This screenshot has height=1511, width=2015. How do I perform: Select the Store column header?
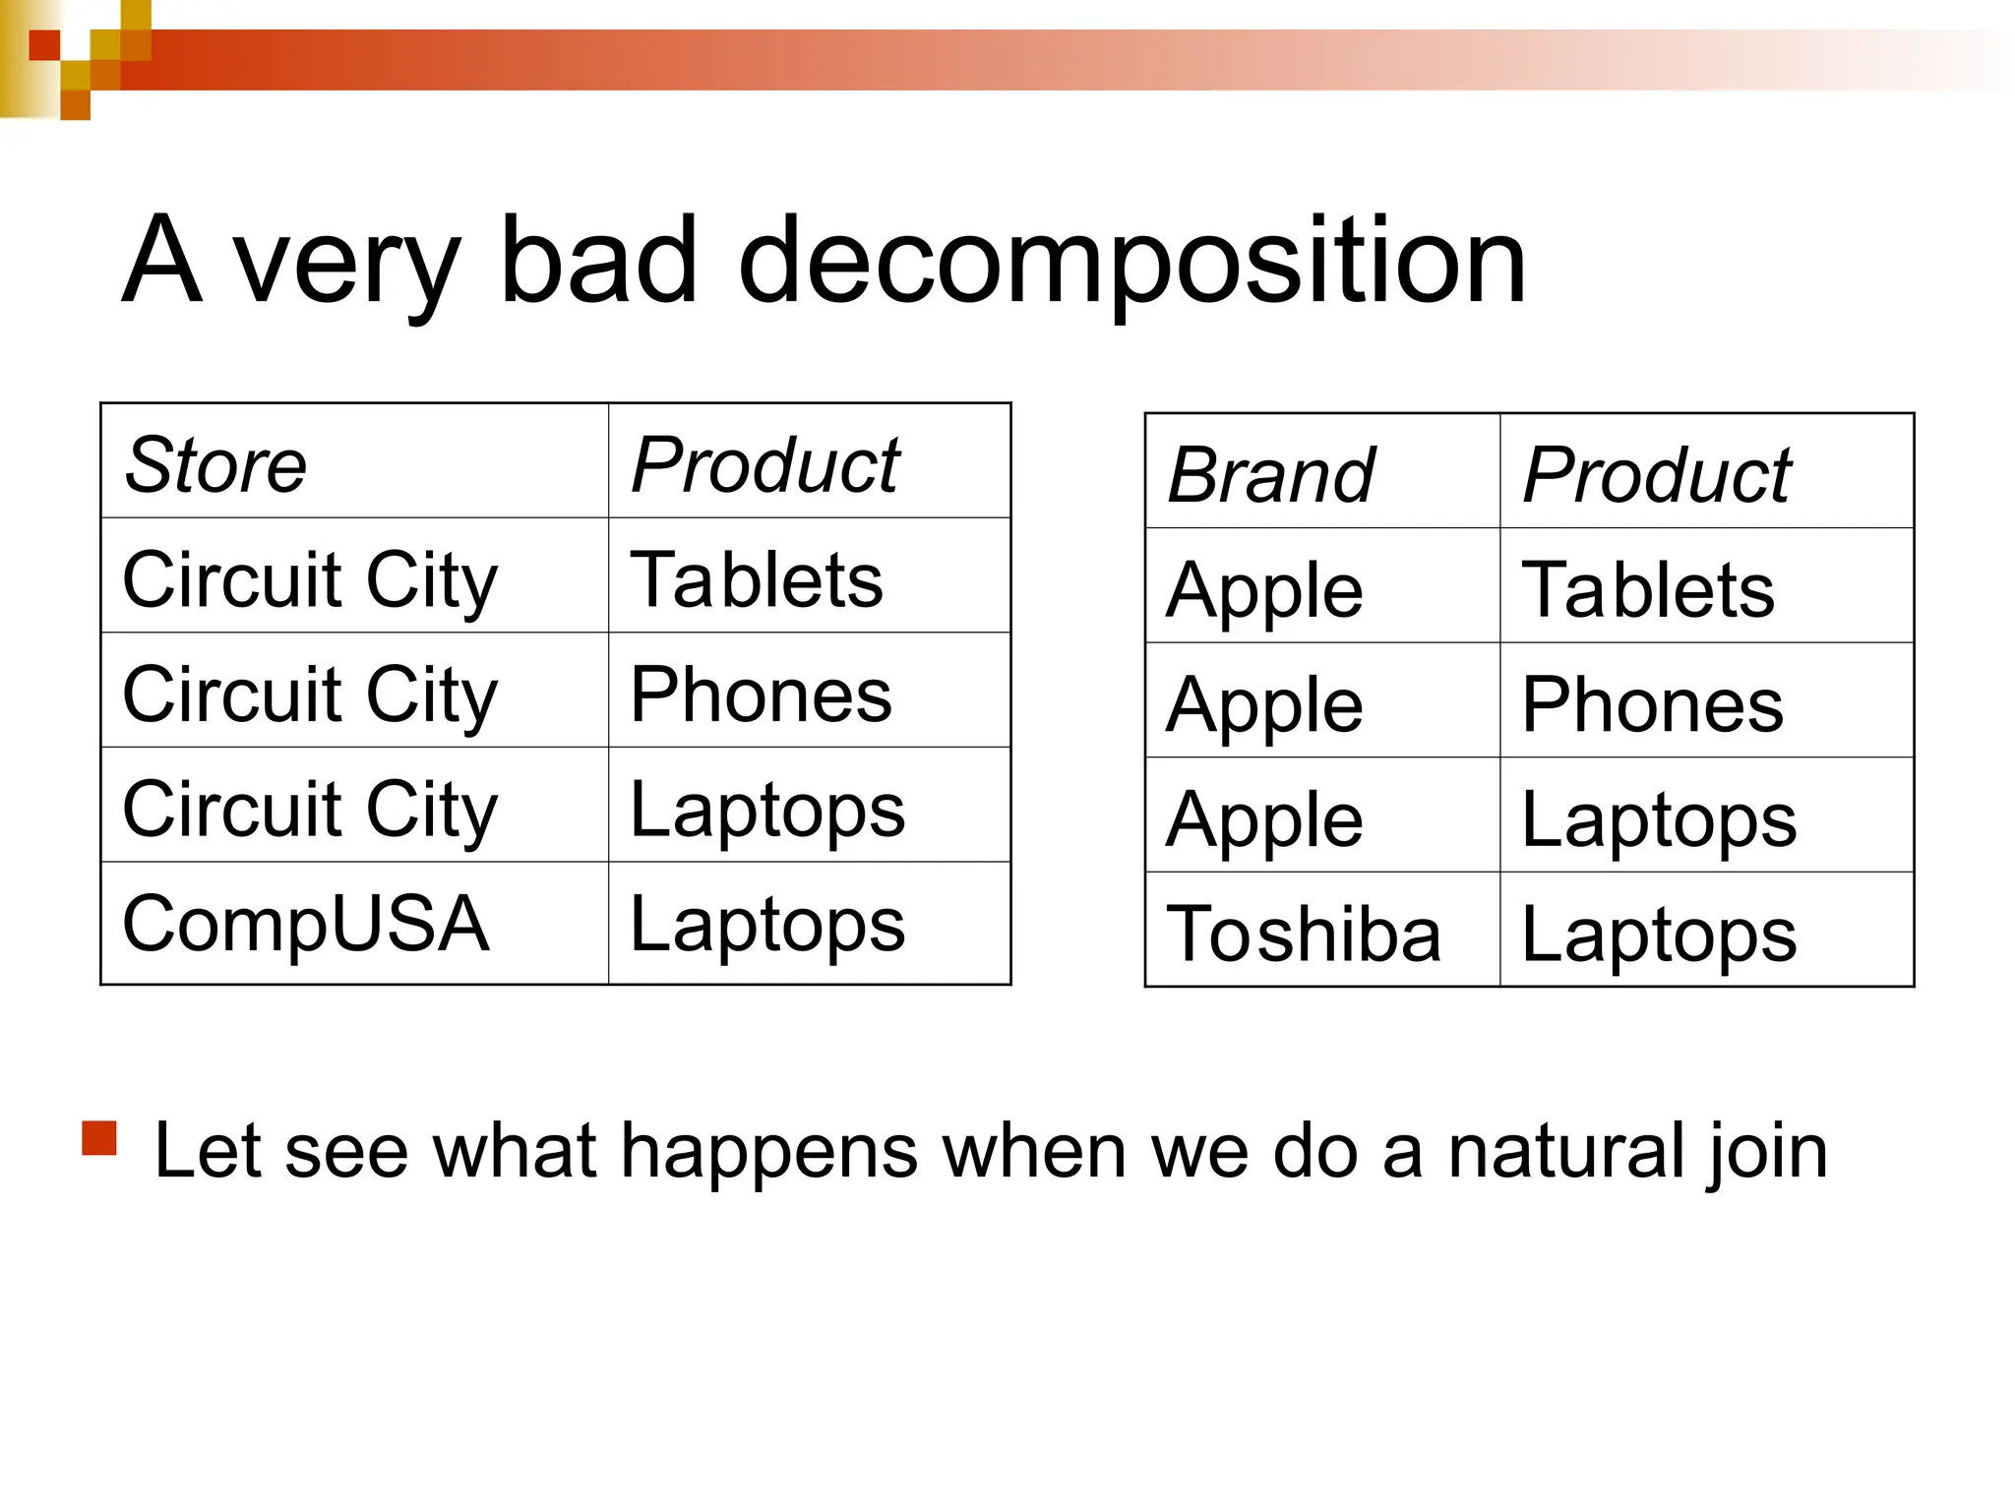(215, 464)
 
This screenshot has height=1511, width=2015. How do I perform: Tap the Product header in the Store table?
(764, 464)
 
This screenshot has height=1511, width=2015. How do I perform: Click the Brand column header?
(1270, 475)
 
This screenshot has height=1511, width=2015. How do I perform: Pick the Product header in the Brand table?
(1656, 475)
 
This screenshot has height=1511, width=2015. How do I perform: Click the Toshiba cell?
(1303, 933)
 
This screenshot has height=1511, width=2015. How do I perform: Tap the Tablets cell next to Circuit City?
(756, 579)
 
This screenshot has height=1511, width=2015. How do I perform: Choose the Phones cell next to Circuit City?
(761, 695)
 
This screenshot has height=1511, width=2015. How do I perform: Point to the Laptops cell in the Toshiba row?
(1659, 933)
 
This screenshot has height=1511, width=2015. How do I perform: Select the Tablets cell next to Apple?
(1648, 588)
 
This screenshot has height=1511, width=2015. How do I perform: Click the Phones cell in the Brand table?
(1652, 704)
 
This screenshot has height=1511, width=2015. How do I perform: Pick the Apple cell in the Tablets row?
(1264, 590)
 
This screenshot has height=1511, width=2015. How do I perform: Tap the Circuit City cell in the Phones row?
(310, 695)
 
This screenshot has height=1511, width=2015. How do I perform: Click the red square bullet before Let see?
(99, 1138)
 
